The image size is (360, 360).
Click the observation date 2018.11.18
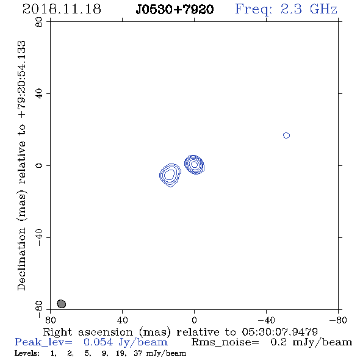click(x=62, y=9)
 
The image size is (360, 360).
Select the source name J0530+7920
click(x=175, y=9)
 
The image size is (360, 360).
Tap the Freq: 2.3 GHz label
click(x=286, y=9)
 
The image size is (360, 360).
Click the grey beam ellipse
click(x=61, y=304)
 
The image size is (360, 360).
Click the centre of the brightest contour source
click(x=194, y=164)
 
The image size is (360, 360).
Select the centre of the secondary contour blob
click(x=170, y=175)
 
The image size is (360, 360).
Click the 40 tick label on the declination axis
click(x=39, y=94)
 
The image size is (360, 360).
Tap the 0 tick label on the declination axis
click(x=39, y=165)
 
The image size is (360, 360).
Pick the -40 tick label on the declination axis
click(x=39, y=237)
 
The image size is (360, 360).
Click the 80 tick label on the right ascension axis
click(x=50, y=320)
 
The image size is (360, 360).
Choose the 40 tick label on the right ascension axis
click(x=122, y=320)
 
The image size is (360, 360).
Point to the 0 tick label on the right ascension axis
click(x=194, y=320)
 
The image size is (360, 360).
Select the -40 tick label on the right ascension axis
click(x=266, y=320)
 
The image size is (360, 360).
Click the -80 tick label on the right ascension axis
click(x=338, y=320)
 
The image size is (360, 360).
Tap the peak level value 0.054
click(x=98, y=342)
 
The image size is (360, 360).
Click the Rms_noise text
click(x=225, y=342)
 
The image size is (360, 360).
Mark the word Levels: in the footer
click(x=27, y=353)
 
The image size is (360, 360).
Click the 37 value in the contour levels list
click(x=138, y=353)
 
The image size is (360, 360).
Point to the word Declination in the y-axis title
click(x=21, y=259)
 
